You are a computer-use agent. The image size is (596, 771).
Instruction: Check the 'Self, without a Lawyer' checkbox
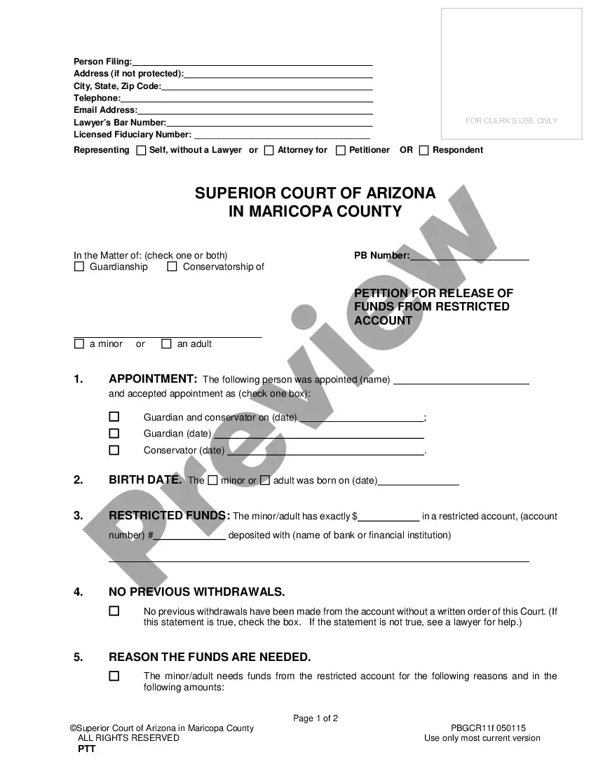click(141, 150)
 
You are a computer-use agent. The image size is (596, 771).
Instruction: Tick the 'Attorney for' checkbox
click(269, 150)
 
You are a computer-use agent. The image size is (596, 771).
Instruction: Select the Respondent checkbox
click(424, 150)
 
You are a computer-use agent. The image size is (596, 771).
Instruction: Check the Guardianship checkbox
click(79, 267)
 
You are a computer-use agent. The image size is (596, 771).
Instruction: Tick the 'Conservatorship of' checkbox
click(172, 267)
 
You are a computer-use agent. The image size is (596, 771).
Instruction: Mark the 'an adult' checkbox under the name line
click(166, 344)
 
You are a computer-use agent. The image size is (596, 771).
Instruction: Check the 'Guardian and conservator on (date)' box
click(114, 416)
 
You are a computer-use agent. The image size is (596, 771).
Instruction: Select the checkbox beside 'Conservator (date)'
click(114, 450)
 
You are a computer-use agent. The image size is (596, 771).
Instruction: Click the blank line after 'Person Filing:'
click(252, 62)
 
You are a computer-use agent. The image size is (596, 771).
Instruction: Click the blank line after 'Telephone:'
click(246, 99)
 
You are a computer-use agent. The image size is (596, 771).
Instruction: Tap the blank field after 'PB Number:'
click(469, 256)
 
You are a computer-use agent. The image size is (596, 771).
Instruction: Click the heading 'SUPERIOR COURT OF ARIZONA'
click(315, 193)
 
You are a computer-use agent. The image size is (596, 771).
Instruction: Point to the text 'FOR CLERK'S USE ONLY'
click(511, 121)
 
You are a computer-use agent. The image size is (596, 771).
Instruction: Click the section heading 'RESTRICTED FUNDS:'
click(169, 515)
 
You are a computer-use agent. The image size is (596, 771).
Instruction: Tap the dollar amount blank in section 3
click(388, 517)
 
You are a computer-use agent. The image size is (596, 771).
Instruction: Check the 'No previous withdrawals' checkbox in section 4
click(114, 611)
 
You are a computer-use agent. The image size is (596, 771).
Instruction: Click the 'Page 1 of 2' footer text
click(316, 718)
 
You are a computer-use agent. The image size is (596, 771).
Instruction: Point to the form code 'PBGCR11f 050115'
click(488, 728)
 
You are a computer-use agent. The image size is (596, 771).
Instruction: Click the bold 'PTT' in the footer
click(86, 749)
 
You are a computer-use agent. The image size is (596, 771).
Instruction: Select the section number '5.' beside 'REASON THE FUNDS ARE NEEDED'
click(79, 657)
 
